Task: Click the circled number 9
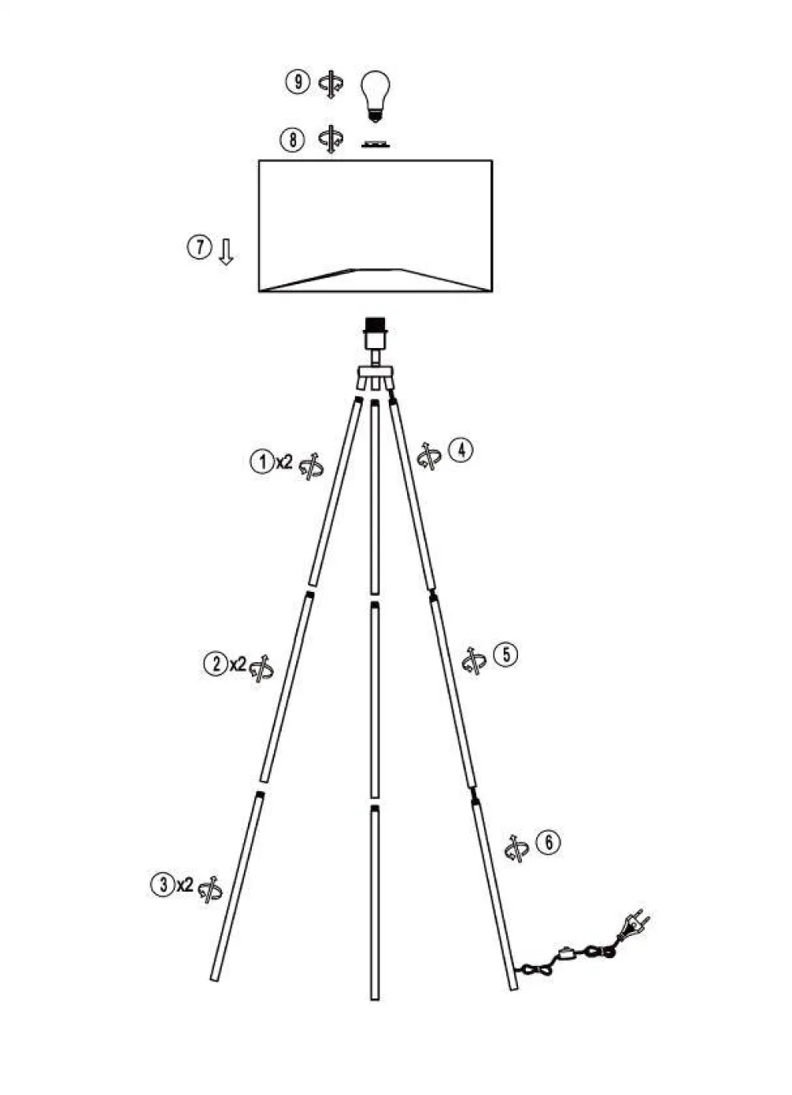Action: [298, 82]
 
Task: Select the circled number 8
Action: [292, 140]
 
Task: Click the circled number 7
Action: [199, 247]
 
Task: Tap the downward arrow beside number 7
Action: [226, 252]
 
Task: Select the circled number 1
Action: [262, 460]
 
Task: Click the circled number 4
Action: [461, 450]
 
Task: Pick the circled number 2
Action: [215, 663]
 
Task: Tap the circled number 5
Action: [505, 654]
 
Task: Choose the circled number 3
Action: [162, 884]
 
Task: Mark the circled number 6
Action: [548, 842]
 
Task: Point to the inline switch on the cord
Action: [567, 953]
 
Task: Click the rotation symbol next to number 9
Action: [331, 84]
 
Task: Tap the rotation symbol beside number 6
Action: [516, 849]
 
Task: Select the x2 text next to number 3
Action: [185, 884]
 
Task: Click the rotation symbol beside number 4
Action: [428, 456]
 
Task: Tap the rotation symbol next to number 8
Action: [330, 140]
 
